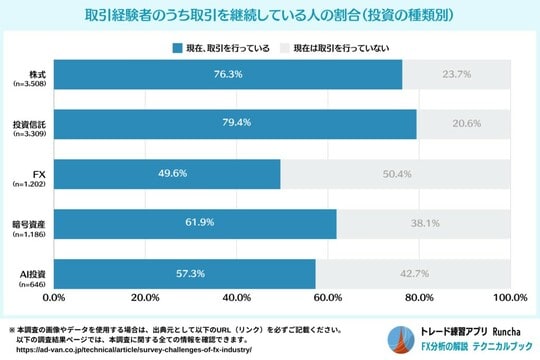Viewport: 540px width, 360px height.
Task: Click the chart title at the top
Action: click(x=270, y=16)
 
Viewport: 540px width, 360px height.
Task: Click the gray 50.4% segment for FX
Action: click(x=396, y=173)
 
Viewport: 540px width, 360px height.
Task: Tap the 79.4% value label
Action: click(x=236, y=123)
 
